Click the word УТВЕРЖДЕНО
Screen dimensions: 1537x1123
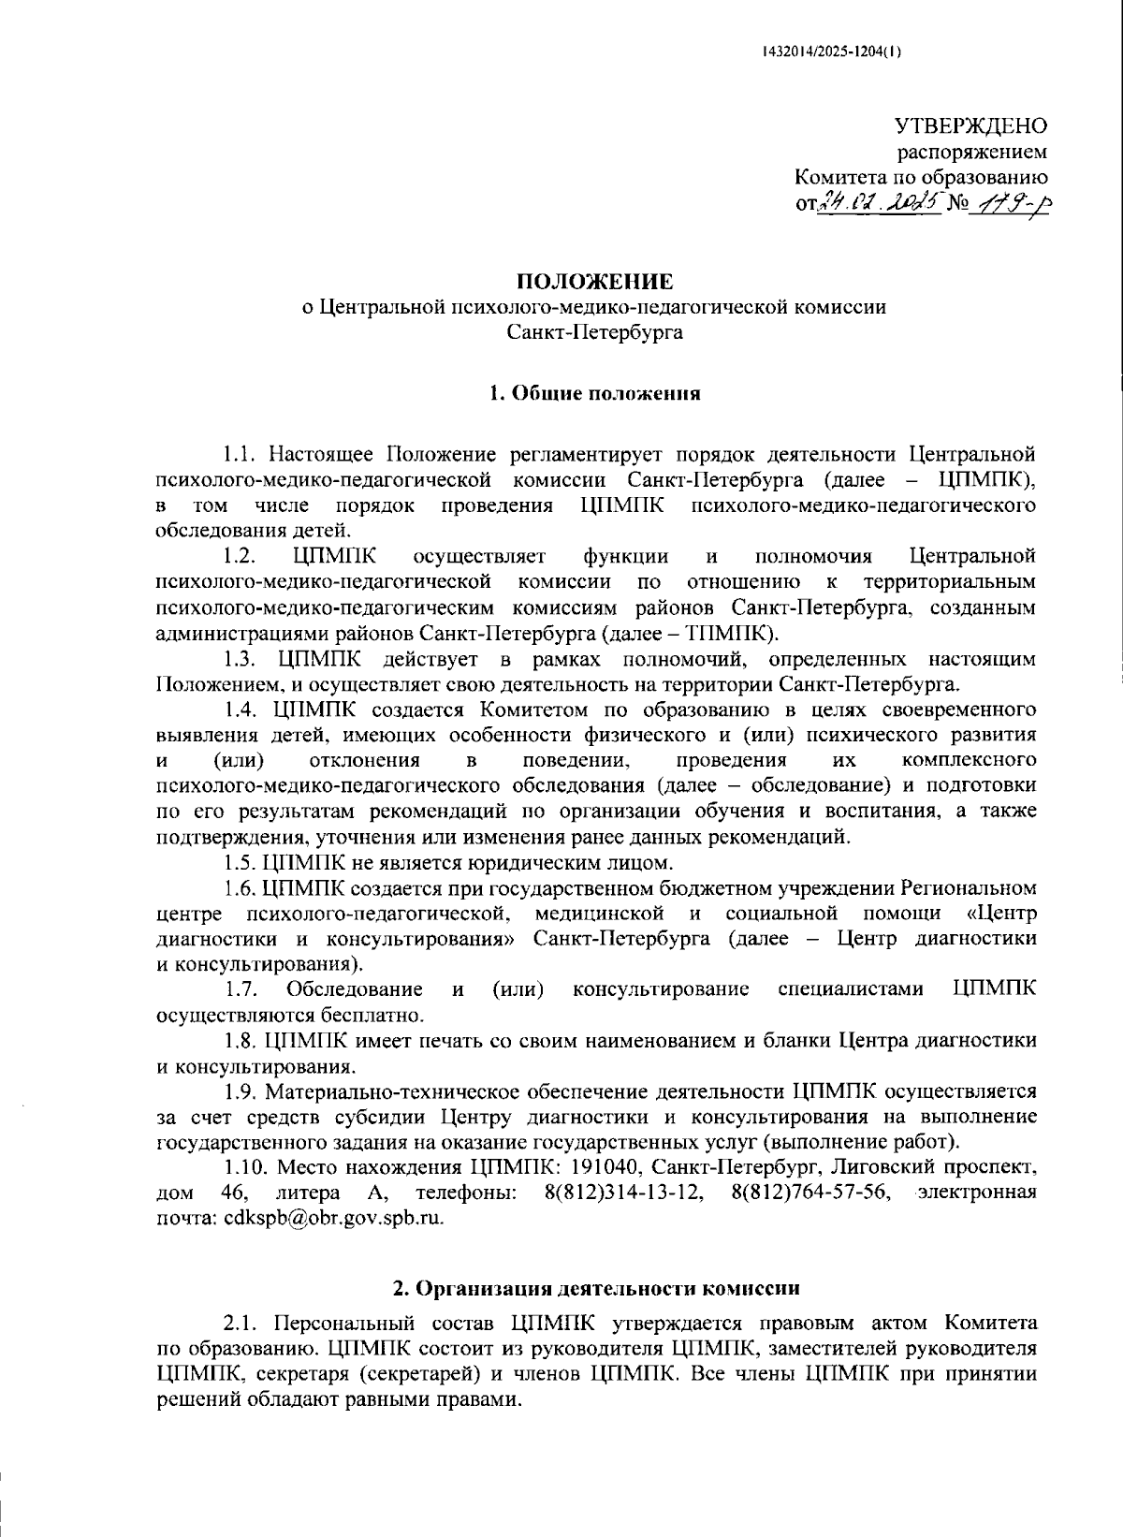pyautogui.click(x=971, y=125)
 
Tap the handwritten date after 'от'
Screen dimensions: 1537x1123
pyautogui.click(x=879, y=202)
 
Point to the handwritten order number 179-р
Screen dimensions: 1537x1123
pyautogui.click(x=1012, y=202)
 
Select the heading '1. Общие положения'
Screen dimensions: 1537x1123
pyautogui.click(x=595, y=393)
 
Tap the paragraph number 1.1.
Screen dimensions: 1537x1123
pyautogui.click(x=241, y=455)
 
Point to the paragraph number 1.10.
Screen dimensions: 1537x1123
pyautogui.click(x=245, y=1167)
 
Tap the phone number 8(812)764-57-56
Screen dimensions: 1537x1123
pyautogui.click(x=812, y=1193)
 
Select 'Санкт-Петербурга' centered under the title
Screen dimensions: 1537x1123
pyautogui.click(x=595, y=331)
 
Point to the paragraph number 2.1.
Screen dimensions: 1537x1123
pyautogui.click(x=241, y=1323)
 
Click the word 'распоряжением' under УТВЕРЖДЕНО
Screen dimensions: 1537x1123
pyautogui.click(x=973, y=151)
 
